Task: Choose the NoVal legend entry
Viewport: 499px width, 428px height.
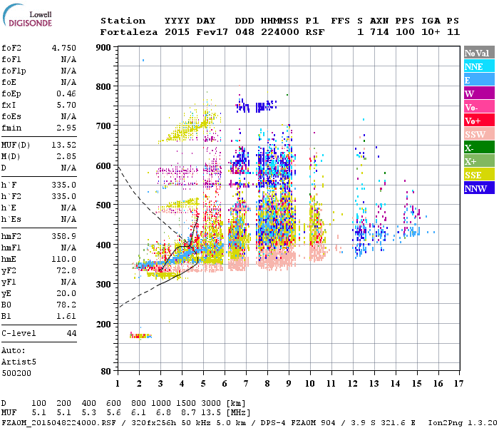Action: [x=478, y=53]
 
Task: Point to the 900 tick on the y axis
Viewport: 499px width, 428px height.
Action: [x=104, y=48]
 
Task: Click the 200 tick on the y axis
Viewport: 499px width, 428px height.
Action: [x=104, y=324]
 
